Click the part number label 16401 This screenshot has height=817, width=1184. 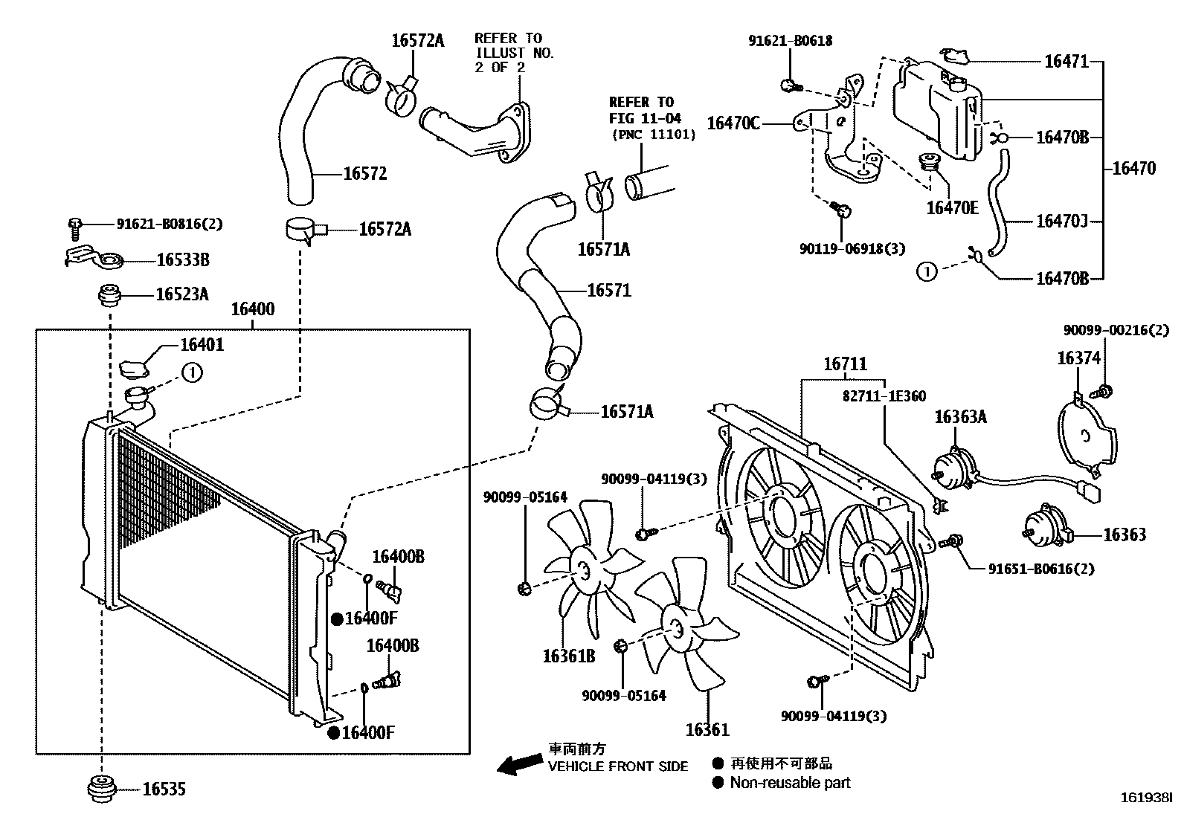[x=202, y=345]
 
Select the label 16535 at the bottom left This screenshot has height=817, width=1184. [x=164, y=789]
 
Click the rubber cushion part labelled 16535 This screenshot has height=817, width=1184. [x=100, y=789]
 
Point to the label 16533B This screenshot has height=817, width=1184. [x=182, y=259]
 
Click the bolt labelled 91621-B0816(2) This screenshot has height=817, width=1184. [x=74, y=222]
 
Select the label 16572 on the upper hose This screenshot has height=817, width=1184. [x=364, y=174]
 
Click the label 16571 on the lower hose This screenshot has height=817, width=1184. [x=608, y=291]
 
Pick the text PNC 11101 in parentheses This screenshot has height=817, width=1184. [x=654, y=135]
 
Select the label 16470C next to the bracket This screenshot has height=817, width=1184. [x=733, y=123]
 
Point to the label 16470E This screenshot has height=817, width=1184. [x=952, y=207]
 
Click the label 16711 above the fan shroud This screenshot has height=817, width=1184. [x=845, y=364]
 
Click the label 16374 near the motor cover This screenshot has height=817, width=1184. [x=1078, y=359]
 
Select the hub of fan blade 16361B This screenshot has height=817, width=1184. [x=583, y=572]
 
